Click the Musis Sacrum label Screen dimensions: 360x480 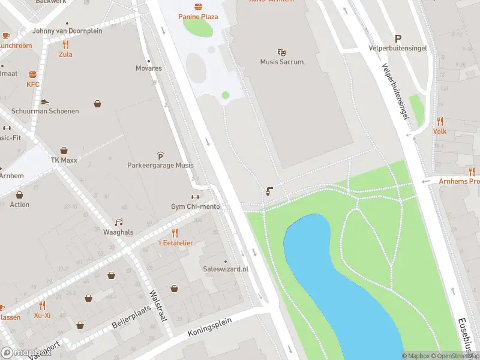point(281,62)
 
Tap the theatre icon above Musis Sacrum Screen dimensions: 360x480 point(281,52)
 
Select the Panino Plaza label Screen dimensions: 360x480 point(198,17)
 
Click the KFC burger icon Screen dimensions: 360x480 point(32,75)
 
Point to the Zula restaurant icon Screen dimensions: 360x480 point(65,44)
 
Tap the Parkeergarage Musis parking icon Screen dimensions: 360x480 point(160,155)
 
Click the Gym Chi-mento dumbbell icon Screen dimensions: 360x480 point(195,197)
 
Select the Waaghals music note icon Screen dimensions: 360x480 point(118,222)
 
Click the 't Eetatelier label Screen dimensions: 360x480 point(175,242)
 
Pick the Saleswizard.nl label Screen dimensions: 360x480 point(226,269)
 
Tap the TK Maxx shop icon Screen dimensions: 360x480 point(64,151)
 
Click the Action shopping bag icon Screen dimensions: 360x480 point(20,195)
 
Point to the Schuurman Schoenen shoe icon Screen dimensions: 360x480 point(44,102)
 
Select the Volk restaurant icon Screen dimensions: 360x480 point(440,121)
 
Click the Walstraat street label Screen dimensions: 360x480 point(157,305)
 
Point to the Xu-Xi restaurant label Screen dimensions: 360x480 point(42,315)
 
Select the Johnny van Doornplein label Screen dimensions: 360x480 point(67,31)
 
